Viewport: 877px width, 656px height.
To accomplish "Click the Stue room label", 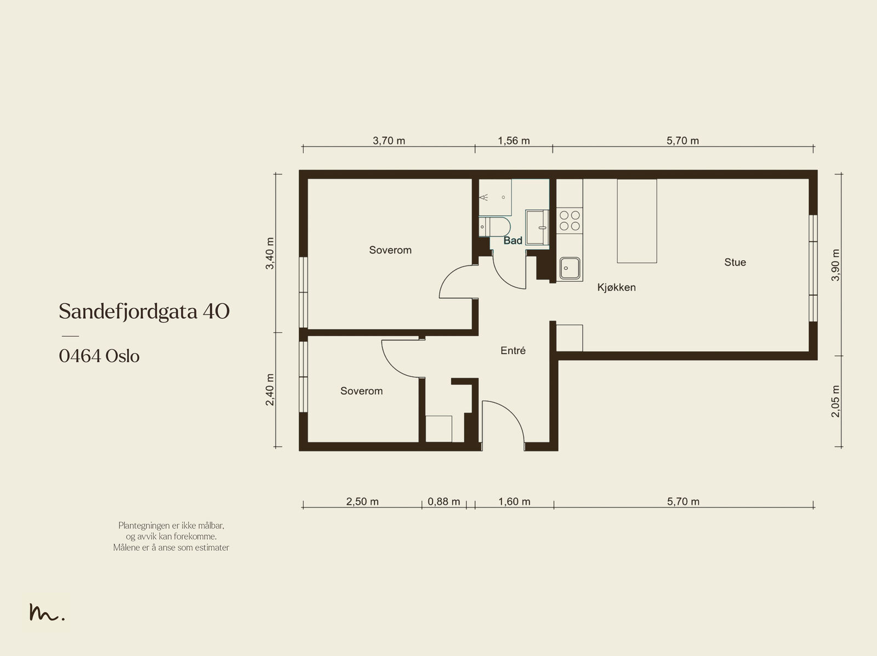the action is coord(735,262).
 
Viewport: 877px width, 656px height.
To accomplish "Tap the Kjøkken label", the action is coord(616,287).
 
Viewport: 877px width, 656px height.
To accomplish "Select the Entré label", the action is coord(513,350).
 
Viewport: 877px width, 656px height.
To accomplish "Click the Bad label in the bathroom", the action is coord(512,240).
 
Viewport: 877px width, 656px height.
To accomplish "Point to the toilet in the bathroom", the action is coord(494,227).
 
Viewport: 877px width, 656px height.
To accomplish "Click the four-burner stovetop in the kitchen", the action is coord(570,221).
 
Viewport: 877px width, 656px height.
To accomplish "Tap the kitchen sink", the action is coord(570,268).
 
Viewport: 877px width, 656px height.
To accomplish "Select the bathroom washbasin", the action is coord(537,227).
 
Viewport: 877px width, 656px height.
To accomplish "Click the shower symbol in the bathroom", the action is coord(483,197).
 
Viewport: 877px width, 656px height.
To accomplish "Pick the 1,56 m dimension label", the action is coord(514,141).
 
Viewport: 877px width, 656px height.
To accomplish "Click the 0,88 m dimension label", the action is coord(443,502).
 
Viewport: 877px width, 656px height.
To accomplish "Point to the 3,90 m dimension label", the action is coord(835,265).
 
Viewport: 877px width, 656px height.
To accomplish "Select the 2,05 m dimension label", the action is coord(835,401).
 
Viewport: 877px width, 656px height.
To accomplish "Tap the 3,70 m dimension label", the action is coord(389,141).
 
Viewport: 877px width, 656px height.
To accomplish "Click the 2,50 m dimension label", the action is coord(362,502).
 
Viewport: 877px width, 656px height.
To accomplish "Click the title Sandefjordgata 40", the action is coord(144,311).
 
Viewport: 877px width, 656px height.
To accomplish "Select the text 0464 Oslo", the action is coord(99,356).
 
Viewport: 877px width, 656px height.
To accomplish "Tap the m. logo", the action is coord(47,612).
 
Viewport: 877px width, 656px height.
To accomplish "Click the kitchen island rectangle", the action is coord(637,221).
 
